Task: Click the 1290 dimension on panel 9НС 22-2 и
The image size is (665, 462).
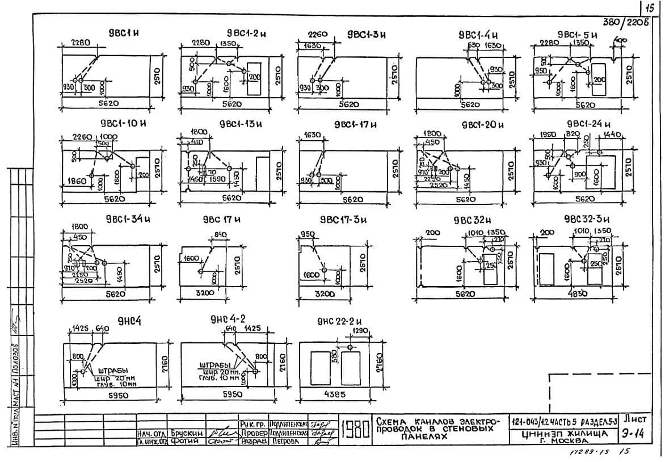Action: click(353, 330)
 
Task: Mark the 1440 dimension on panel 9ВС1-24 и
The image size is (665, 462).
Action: click(613, 135)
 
